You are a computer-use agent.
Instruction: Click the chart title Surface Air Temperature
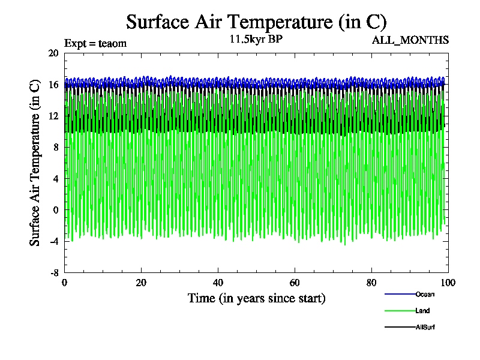point(256,22)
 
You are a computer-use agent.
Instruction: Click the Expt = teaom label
point(95,43)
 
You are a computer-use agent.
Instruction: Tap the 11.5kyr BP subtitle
point(256,40)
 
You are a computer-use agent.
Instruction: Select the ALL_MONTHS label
point(410,40)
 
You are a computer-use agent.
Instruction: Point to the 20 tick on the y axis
point(53,53)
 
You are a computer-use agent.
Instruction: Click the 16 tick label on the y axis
point(53,85)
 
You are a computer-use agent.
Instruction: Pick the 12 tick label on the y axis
point(53,116)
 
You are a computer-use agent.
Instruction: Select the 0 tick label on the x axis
point(65,283)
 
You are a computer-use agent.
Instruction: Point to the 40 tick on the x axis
point(218,283)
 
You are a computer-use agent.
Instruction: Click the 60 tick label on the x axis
point(295,283)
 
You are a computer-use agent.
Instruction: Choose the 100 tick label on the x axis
point(448,283)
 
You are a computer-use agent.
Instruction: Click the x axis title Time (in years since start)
point(256,298)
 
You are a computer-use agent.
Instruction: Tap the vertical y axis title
point(35,163)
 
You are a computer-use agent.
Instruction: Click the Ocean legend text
point(425,294)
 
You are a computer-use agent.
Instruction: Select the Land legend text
point(422,311)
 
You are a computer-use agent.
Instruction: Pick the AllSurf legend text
point(425,327)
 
